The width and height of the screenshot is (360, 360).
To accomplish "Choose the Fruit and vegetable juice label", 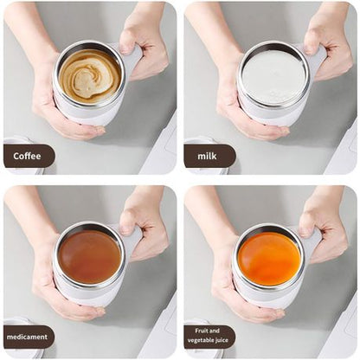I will pos(209,336).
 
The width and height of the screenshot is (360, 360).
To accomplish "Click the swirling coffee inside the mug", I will pos(90,74).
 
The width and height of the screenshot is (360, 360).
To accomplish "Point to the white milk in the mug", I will pos(273,76).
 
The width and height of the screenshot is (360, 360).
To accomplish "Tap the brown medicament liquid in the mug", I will pos(89,256).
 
